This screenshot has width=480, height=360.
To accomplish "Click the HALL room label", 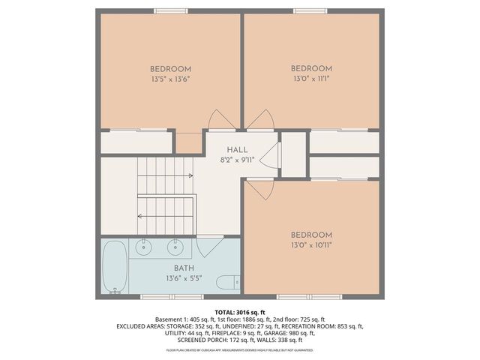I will (238, 150).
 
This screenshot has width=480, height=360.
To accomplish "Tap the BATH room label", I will (184, 268).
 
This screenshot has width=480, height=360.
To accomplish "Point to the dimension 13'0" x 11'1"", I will (311, 77).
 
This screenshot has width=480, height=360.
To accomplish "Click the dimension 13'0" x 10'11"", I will (311, 244).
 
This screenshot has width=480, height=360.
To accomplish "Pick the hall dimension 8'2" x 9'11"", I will (238, 160).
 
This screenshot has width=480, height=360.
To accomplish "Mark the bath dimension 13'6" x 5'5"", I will (184, 278).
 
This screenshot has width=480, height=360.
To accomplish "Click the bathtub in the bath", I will (115, 266).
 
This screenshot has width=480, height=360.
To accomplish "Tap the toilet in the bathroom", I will (226, 283).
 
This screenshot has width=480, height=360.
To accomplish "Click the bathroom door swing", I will (209, 244).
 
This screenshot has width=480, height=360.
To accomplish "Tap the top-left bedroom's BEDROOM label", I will (170, 68).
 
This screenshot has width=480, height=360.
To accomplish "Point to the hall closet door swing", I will (274, 156).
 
